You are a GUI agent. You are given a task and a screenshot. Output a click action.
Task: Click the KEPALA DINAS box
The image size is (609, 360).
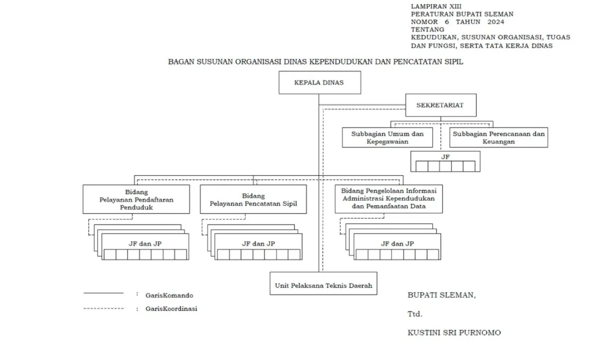pyautogui.click(x=320, y=83)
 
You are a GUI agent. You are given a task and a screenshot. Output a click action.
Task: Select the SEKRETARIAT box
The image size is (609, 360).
pyautogui.click(x=440, y=105)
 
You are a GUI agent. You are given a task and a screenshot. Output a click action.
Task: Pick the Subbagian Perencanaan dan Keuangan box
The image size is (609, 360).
pyautogui.click(x=498, y=137)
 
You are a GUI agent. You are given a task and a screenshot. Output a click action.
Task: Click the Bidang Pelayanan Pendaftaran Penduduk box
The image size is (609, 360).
pyautogui.click(x=136, y=199)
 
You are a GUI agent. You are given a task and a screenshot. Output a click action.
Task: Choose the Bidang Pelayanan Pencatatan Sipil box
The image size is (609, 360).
pyautogui.click(x=253, y=199)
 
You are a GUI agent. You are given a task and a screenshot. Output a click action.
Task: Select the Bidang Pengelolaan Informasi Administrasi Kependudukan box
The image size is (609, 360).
pyautogui.click(x=389, y=199)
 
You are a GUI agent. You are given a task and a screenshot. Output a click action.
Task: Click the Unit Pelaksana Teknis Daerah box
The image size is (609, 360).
pyautogui.click(x=323, y=285)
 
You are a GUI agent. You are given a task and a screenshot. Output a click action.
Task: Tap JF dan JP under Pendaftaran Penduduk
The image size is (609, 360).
pyautogui.click(x=142, y=243)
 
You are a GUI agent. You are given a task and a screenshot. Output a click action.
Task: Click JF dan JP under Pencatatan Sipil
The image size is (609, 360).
pyautogui.click(x=258, y=243)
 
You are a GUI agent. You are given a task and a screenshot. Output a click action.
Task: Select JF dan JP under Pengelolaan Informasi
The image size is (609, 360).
pyautogui.click(x=397, y=243)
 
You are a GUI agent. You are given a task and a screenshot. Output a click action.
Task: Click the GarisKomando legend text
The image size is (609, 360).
pyautogui.click(x=169, y=295)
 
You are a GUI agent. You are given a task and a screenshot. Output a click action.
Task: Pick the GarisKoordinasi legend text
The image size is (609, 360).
pyautogui.click(x=171, y=309)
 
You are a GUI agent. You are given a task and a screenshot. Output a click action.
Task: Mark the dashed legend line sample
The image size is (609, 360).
pyautogui.click(x=103, y=309)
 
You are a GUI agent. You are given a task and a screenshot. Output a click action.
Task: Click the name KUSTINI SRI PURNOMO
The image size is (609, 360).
pyautogui.click(x=454, y=332)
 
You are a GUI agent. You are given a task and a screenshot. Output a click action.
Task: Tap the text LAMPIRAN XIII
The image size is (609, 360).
pyautogui.click(x=432, y=6)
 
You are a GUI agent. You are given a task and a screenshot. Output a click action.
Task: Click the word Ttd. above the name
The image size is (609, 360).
pyautogui.click(x=415, y=314)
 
